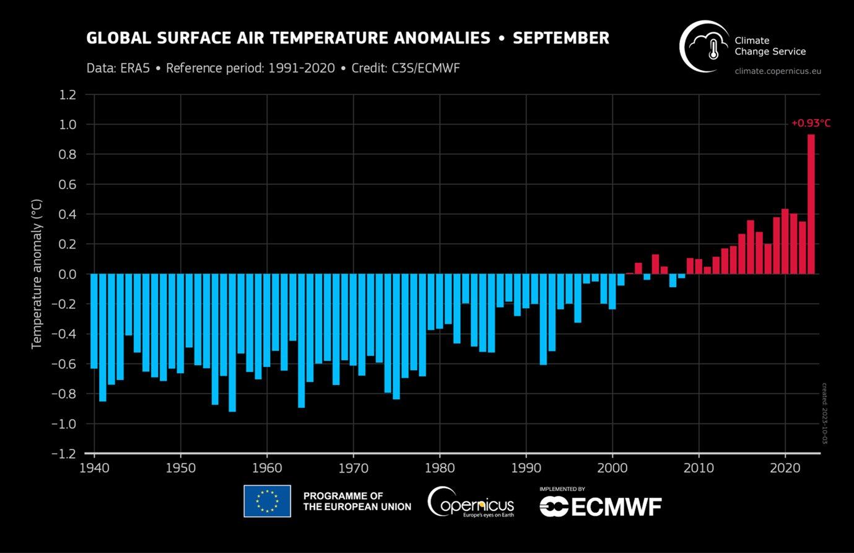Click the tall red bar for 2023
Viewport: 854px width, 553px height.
click(811, 205)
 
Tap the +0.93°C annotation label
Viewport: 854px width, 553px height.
click(811, 123)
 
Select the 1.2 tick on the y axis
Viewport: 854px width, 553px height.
click(68, 95)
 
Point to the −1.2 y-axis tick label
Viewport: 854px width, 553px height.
click(64, 454)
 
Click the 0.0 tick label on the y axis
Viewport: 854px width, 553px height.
click(68, 274)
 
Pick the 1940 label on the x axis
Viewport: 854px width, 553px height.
click(94, 467)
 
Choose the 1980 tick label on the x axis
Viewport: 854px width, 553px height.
click(440, 467)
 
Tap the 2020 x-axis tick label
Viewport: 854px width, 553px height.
click(785, 467)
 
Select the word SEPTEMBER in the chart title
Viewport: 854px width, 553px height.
click(560, 38)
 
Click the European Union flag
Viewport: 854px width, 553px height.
click(267, 501)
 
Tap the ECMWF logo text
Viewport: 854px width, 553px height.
click(601, 507)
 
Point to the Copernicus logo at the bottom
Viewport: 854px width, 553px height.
click(471, 502)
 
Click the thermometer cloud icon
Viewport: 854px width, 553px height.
click(705, 46)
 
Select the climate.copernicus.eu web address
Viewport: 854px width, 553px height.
click(777, 71)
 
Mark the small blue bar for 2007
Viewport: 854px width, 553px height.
click(673, 280)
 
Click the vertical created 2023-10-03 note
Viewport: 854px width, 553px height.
click(824, 413)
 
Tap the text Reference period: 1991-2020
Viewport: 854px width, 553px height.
click(250, 68)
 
